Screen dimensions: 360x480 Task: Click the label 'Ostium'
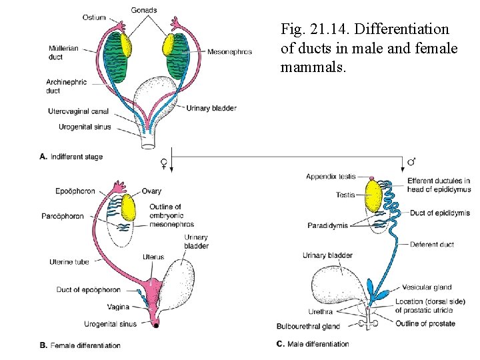95,17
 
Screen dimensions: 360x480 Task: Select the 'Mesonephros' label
229,51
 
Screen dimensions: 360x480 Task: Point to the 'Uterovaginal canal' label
79,111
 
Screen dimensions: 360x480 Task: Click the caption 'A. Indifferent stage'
71,157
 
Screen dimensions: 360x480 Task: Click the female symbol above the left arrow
164,161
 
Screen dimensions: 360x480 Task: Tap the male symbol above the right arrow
411,161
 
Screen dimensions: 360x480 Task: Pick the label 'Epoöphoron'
79,192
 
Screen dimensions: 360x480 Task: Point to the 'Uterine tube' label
69,262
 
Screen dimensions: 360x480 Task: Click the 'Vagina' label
118,307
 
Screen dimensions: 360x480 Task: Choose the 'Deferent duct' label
431,245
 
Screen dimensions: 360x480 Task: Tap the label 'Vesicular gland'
427,288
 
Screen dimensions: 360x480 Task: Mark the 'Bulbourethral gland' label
308,326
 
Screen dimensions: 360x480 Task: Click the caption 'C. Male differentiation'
313,344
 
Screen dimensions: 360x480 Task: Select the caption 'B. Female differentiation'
80,345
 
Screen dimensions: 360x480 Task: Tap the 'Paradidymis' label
327,226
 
